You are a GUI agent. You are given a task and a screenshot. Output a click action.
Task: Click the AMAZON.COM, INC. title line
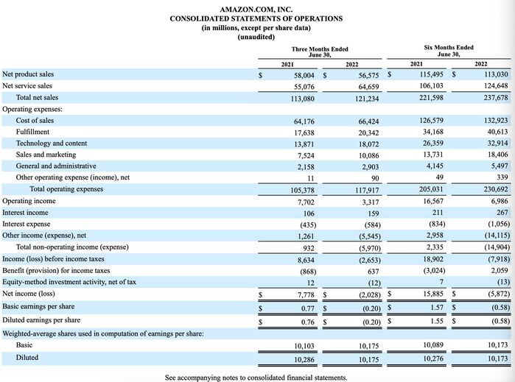(256, 10)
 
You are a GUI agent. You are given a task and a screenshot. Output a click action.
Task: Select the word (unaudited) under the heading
(256, 37)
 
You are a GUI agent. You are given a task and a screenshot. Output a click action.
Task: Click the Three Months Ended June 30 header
(320, 52)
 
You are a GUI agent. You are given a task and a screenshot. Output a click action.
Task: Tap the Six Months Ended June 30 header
(449, 51)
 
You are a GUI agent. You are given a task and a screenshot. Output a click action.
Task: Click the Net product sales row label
(28, 74)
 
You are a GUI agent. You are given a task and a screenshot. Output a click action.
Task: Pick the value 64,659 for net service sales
(368, 87)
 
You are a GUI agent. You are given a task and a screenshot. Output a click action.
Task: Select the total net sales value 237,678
(496, 97)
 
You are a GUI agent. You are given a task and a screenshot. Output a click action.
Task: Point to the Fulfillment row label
(32, 132)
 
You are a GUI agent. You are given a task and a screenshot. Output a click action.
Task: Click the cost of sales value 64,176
(304, 121)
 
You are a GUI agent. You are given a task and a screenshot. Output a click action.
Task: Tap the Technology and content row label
(52, 144)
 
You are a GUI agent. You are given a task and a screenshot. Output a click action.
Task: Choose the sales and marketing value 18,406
(497, 155)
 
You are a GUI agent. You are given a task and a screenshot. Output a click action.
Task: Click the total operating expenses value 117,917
(367, 191)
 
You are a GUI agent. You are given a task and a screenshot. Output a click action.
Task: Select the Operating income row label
(29, 201)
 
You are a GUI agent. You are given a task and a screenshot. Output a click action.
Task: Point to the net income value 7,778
(306, 295)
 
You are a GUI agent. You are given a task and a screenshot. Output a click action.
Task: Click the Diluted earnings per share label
(41, 320)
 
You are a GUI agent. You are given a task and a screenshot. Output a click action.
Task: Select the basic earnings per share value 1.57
(437, 308)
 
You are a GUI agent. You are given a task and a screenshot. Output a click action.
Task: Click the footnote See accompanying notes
(256, 378)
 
